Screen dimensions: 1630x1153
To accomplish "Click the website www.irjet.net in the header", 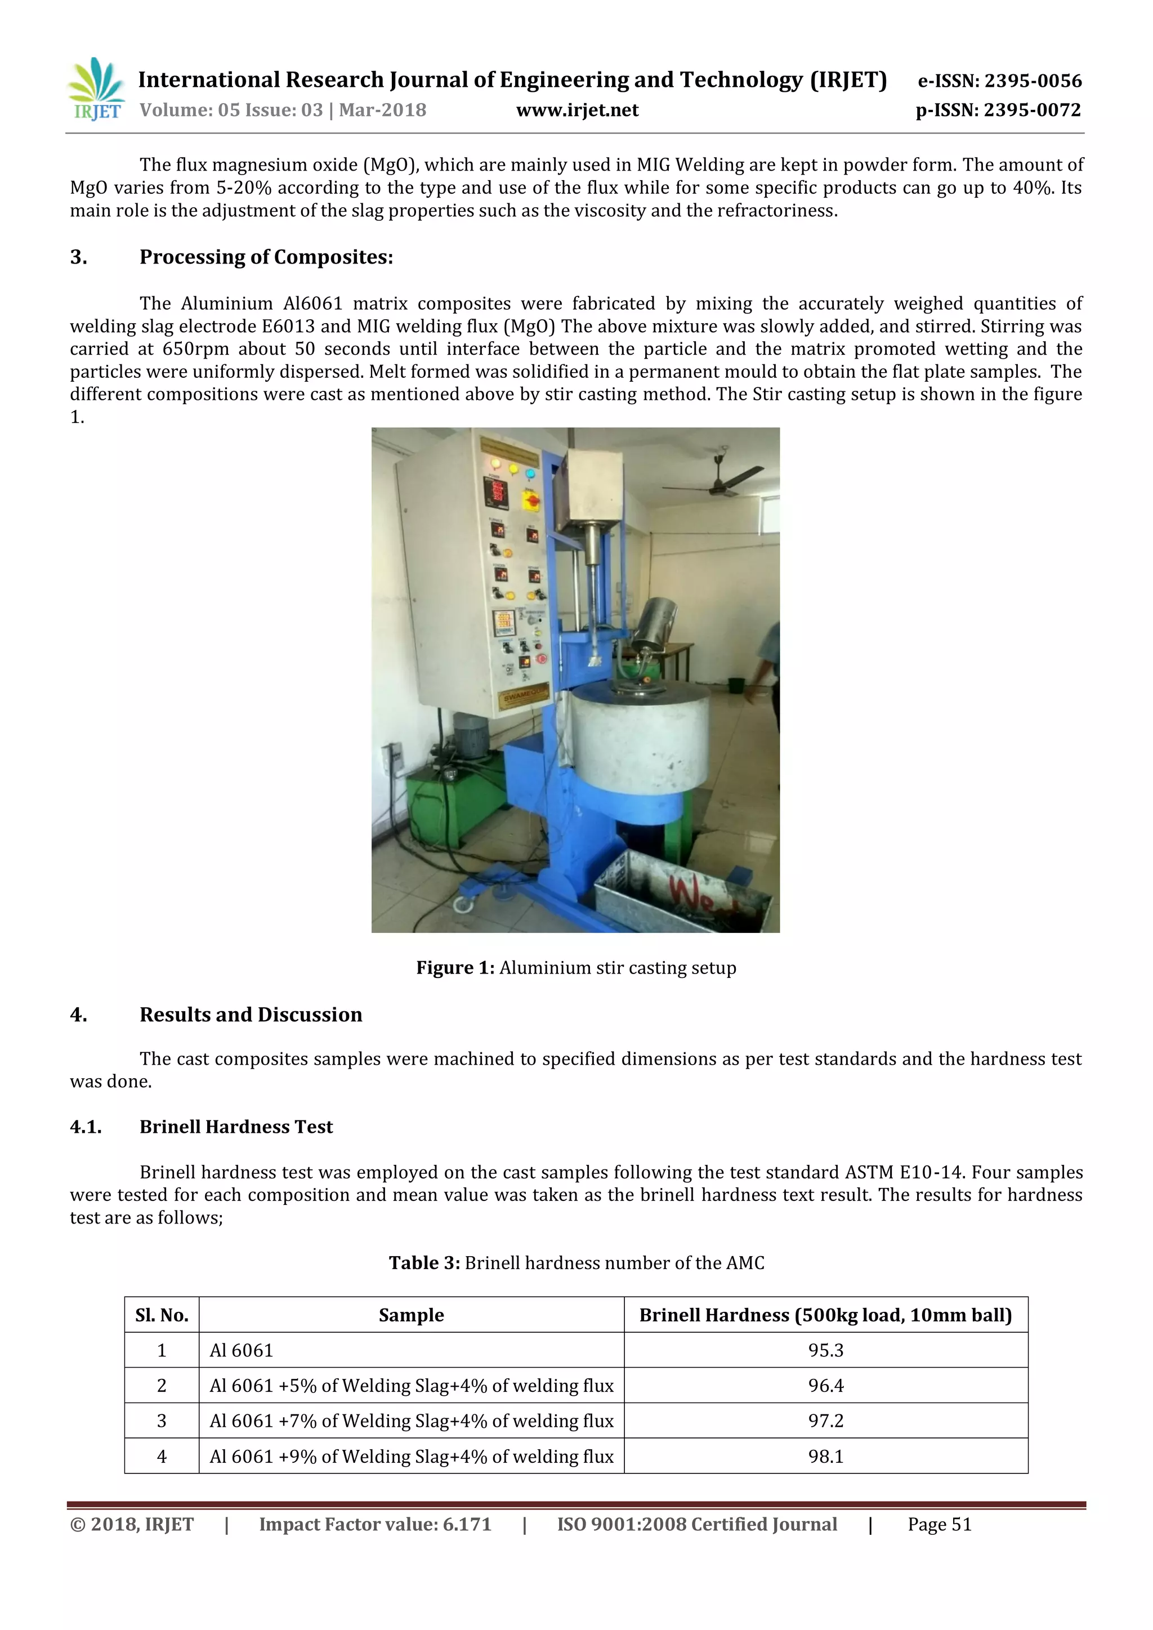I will [x=576, y=110].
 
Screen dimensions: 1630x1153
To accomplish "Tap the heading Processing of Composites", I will [x=266, y=257].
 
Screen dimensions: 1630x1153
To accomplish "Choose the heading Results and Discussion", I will [x=250, y=1015].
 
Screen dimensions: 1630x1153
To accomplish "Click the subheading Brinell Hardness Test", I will [x=236, y=1127].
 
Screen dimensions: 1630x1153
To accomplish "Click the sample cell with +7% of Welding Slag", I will [x=411, y=1421].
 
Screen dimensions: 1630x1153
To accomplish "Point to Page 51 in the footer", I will [x=939, y=1525].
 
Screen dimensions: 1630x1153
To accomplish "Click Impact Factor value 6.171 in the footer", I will [x=375, y=1525].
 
